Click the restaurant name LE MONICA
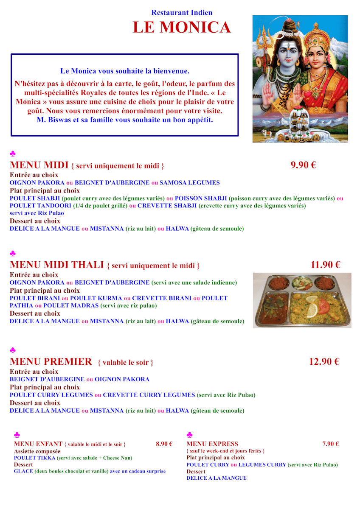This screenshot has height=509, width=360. [182, 28]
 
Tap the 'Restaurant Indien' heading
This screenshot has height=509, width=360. [182, 13]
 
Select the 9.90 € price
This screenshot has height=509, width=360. [303, 165]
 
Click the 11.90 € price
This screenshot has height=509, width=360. [325, 265]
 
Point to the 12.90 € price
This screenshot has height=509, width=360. [324, 362]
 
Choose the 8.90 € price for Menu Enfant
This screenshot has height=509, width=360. [164, 444]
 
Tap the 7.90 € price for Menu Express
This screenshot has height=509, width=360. [330, 444]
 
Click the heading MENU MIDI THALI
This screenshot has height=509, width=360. [56, 265]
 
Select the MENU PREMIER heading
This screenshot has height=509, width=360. [51, 362]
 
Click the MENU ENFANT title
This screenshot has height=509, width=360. [38, 444]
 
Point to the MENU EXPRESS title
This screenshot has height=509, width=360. [212, 444]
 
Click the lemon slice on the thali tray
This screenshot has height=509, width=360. [312, 310]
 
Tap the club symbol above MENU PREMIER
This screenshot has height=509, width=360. [13, 350]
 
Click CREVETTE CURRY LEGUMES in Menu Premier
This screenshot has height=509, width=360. [149, 395]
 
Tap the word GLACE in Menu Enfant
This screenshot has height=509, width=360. [23, 471]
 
